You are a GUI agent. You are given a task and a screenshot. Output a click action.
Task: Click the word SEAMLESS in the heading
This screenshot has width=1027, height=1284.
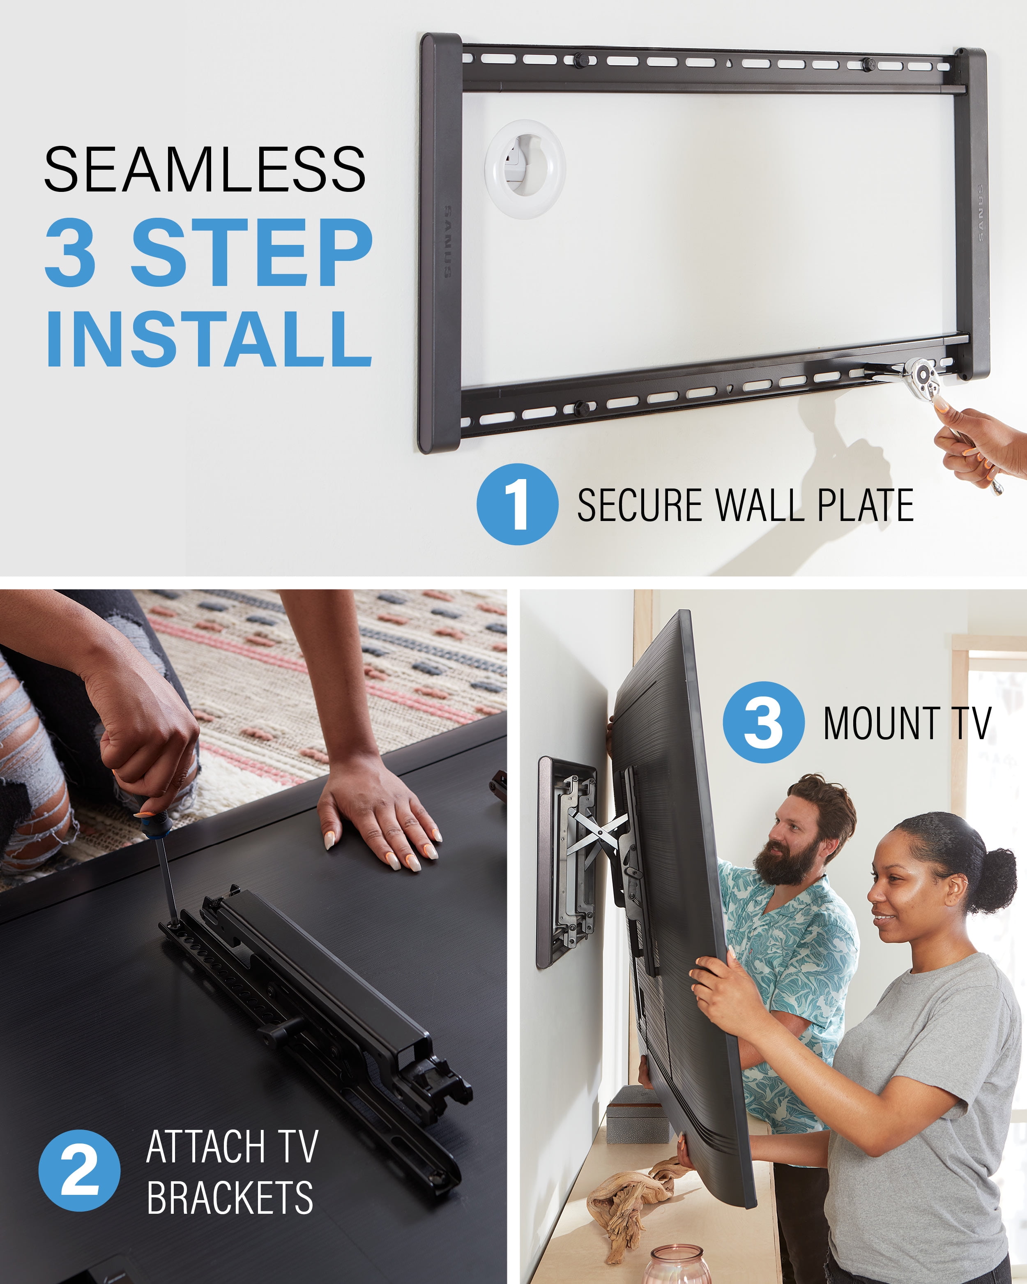[205, 169]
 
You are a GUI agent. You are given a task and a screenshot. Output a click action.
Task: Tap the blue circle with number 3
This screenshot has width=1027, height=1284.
[764, 722]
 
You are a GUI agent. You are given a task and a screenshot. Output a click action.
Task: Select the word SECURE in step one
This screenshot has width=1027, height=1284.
[641, 505]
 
